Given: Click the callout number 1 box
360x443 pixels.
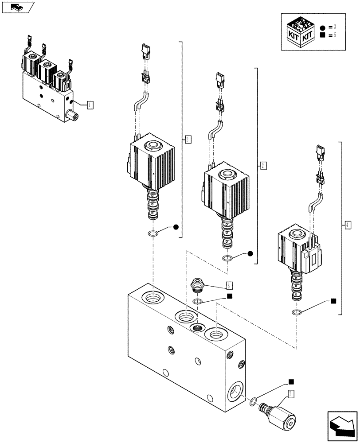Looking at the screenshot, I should [90, 105].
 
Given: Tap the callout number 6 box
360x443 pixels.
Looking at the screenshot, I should [229, 286].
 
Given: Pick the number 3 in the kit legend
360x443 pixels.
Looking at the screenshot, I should [340, 27].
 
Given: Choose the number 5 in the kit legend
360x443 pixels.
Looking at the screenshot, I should [340, 35].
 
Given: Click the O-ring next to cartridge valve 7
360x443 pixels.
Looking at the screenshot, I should [253, 402].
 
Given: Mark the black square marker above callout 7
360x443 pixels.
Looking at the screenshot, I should [291, 381].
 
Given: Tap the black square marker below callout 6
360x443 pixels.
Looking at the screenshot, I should [229, 296].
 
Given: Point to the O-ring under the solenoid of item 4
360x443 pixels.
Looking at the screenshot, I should [297, 313].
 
